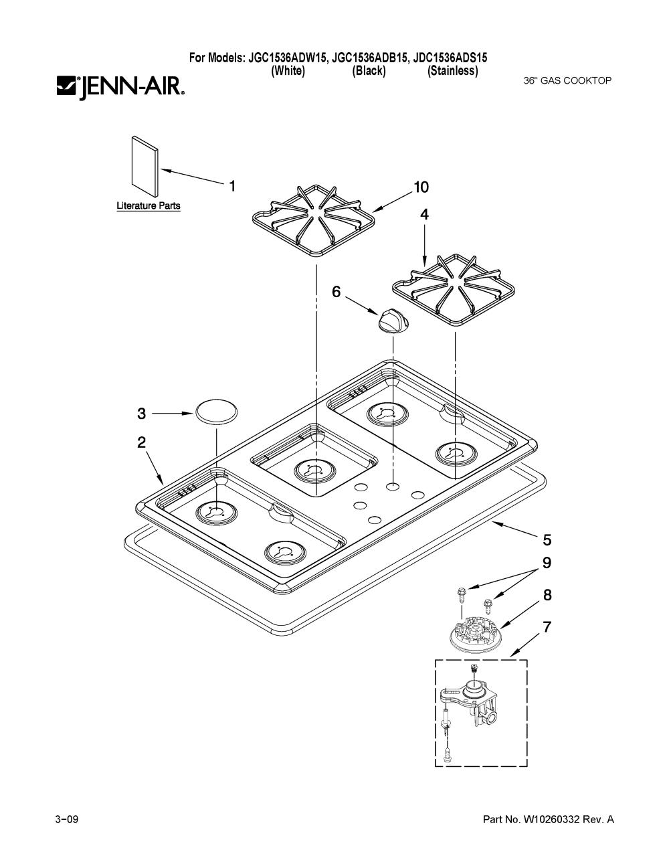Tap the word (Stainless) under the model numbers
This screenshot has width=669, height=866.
coord(453,71)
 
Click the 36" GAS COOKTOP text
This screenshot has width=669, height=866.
coord(567,80)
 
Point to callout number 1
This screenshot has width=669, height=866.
coord(231,186)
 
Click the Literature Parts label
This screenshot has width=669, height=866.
coord(148,205)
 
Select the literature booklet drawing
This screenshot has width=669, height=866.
coord(145,166)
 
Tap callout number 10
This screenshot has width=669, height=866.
coord(421,187)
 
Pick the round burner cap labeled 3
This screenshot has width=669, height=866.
coord(216,412)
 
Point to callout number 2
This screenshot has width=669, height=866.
coord(141,442)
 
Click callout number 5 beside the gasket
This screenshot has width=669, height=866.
coord(547,540)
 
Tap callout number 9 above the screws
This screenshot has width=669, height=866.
coord(547,563)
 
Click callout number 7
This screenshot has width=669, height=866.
coord(547,627)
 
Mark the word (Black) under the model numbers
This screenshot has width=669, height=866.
coord(369,71)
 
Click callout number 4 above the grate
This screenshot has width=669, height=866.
coord(425,214)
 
